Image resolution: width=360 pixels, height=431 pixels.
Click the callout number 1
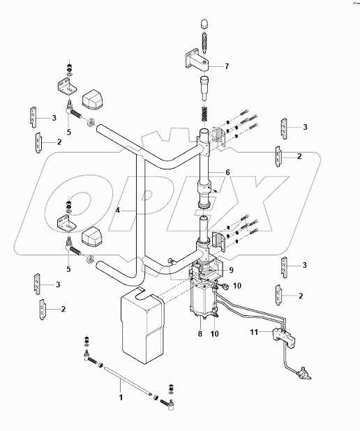pyautogui.click(x=120, y=397)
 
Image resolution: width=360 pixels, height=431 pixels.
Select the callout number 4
pyautogui.click(x=119, y=210)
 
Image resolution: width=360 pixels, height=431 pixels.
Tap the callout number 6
pyautogui.click(x=227, y=172)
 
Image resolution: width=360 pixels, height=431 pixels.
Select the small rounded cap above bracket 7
pyautogui.click(x=204, y=23)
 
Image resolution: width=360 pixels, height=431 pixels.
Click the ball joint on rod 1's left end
pyautogui.click(x=87, y=359)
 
